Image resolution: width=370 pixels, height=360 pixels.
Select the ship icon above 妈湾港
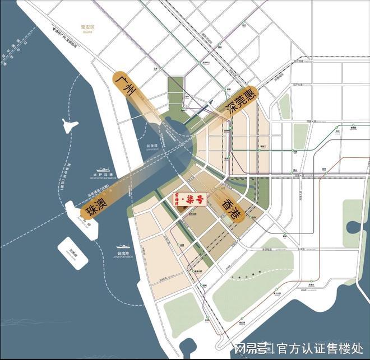123,245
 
